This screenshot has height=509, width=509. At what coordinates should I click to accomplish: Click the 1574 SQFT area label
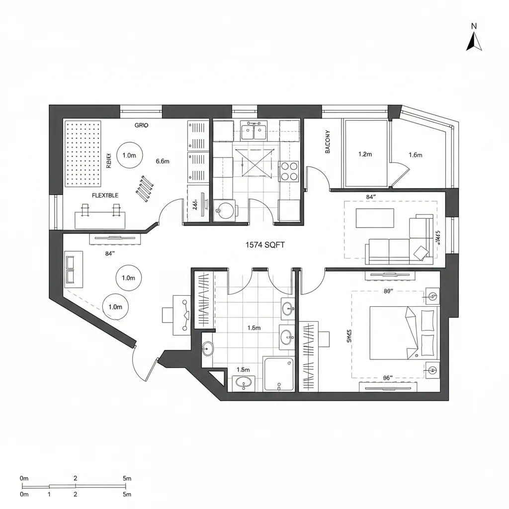(x=265, y=245)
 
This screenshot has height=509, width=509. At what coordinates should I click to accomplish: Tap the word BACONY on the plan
(x=328, y=142)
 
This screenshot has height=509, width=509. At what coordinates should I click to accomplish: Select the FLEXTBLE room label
(x=105, y=195)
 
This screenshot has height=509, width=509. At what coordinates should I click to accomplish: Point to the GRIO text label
(x=141, y=126)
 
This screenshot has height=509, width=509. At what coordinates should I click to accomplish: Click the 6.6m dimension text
(x=163, y=161)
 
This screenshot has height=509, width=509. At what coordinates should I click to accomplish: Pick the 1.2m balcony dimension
(x=365, y=154)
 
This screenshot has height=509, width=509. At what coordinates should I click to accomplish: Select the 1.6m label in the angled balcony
(x=415, y=155)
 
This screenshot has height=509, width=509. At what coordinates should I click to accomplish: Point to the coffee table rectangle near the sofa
(x=375, y=218)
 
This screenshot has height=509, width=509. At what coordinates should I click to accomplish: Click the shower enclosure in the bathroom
(x=279, y=373)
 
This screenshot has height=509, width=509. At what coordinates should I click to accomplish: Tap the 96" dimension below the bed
(x=388, y=378)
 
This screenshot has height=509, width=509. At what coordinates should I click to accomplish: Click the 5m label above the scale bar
(x=127, y=478)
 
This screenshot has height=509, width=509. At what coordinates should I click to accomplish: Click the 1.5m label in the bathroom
(x=243, y=370)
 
